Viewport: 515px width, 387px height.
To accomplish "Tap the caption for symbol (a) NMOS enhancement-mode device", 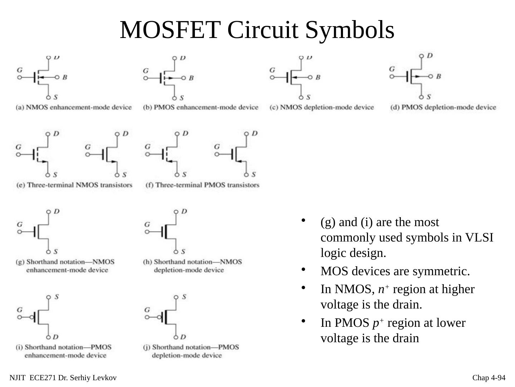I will pos(74,107).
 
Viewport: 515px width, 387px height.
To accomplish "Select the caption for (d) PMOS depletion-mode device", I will pos(443,107).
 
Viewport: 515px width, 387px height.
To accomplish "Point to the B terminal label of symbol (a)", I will pos(65,77).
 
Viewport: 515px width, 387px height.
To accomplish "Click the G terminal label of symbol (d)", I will pos(392,69).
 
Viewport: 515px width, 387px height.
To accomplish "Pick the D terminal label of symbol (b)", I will pos(183,58).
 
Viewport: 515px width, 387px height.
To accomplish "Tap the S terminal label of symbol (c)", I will pos(308,97).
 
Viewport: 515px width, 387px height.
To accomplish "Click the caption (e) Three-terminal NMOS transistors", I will pos(74,185).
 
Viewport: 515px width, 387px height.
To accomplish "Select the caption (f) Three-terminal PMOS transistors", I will pos(202,185).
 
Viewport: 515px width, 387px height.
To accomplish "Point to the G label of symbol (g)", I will pos(20,224).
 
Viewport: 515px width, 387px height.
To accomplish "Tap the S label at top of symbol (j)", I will pos(184,297).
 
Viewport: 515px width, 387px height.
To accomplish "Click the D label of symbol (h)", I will pos(184,211).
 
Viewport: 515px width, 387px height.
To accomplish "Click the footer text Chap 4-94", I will pos(489,378).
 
